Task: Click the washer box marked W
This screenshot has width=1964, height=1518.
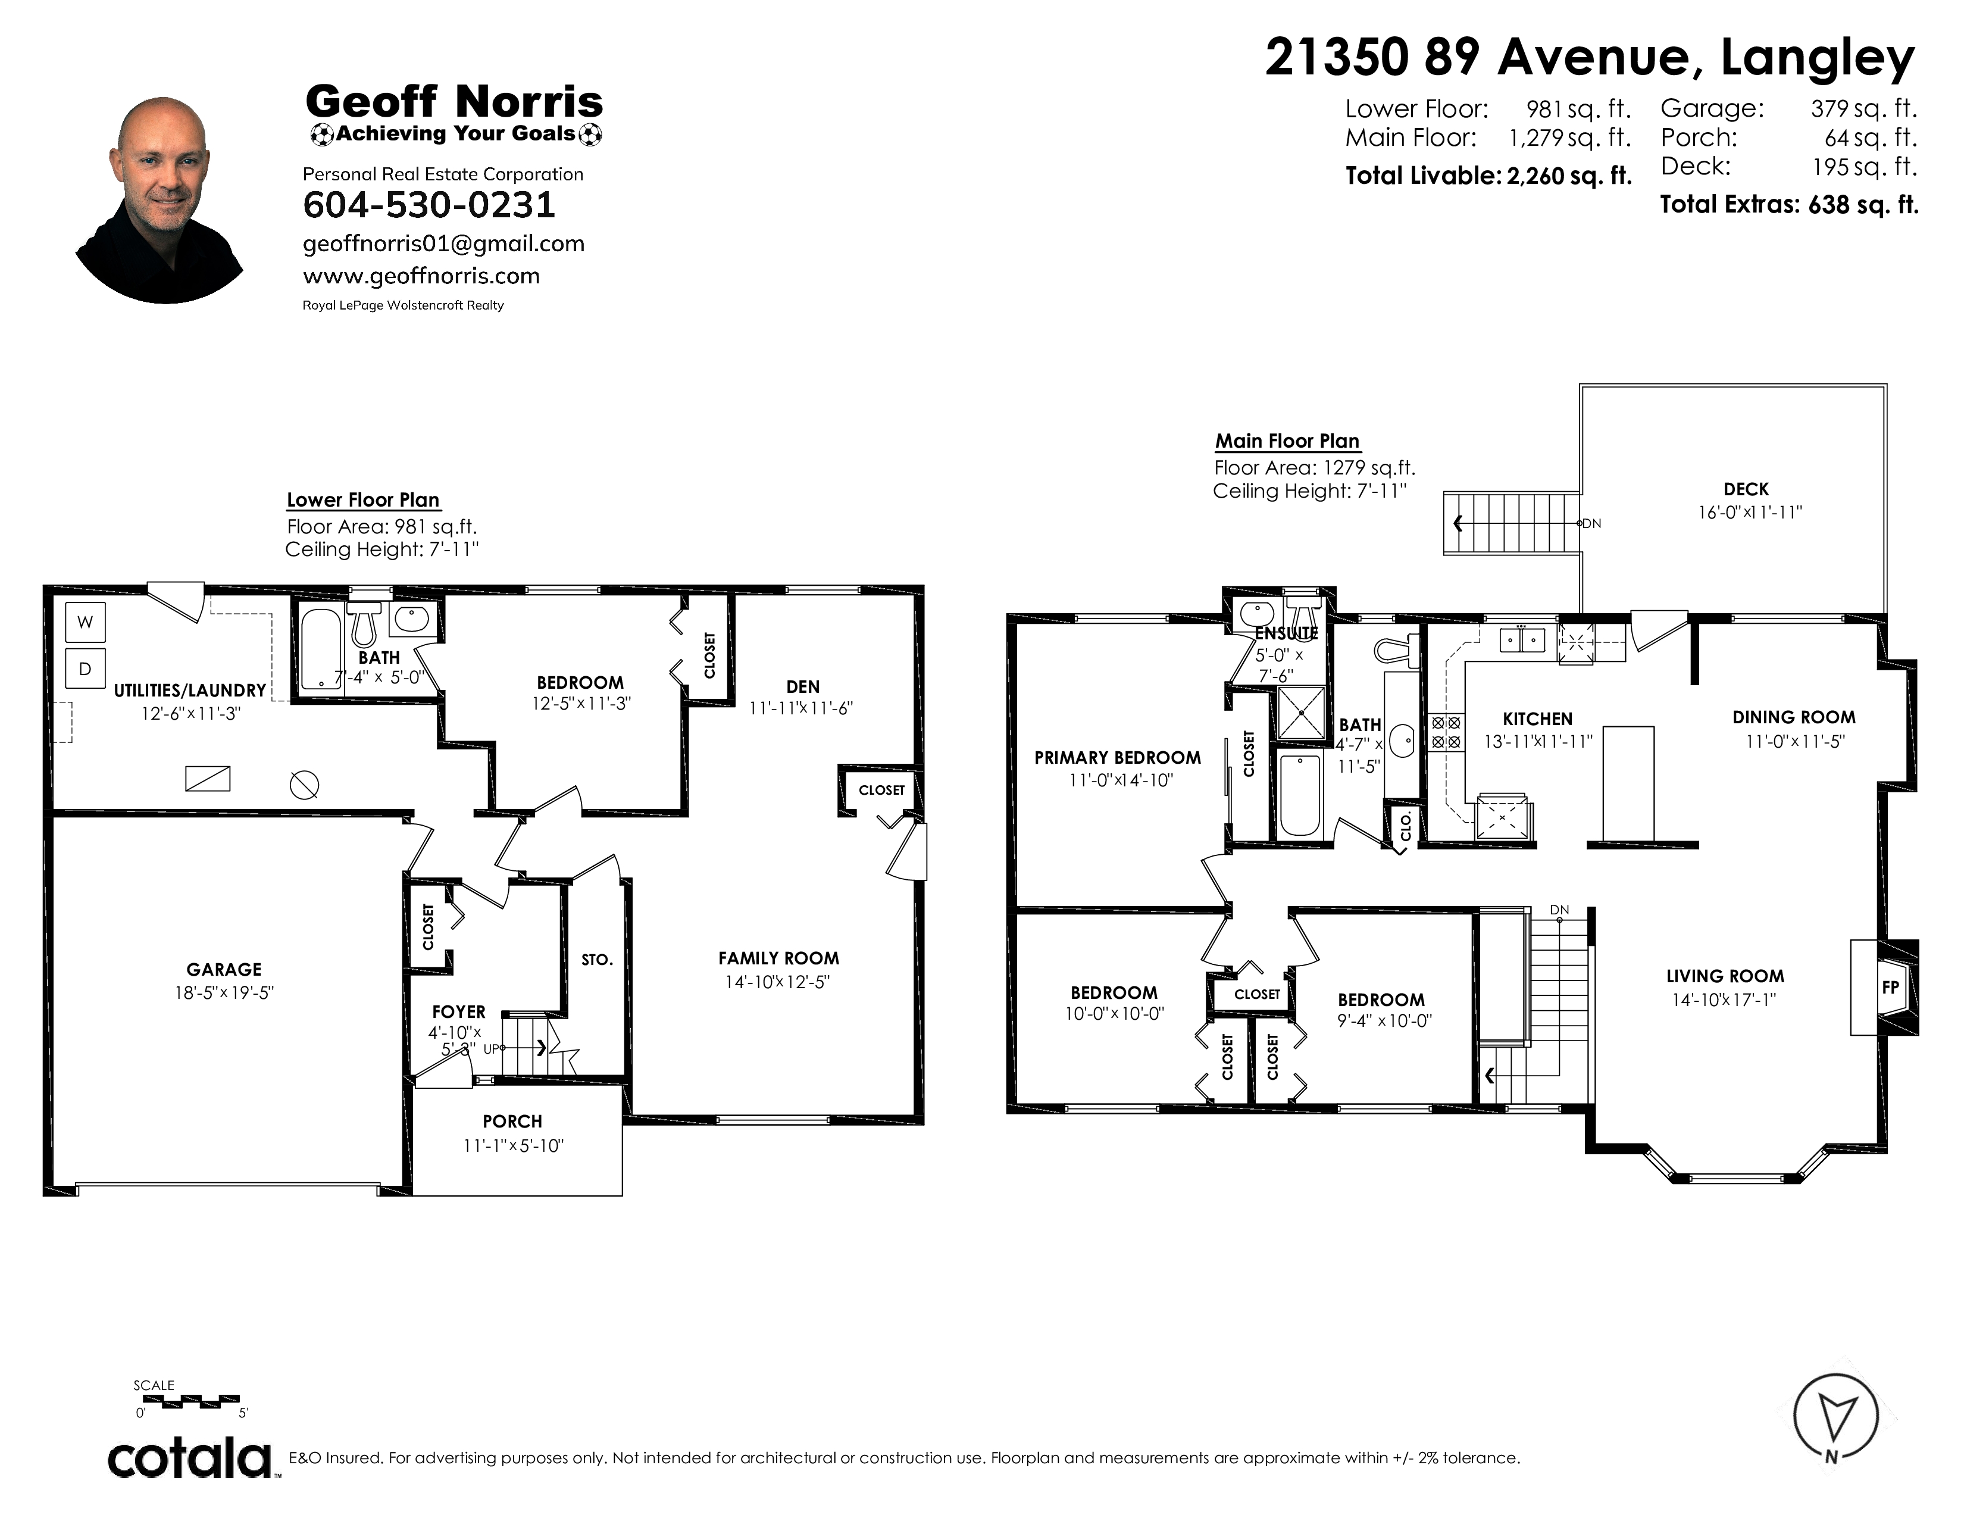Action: [86, 621]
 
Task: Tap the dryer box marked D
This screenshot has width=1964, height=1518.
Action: [86, 668]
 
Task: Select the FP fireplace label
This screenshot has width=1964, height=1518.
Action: [1890, 986]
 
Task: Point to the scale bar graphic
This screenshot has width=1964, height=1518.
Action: [190, 1400]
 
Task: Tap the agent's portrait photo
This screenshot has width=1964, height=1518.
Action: [159, 199]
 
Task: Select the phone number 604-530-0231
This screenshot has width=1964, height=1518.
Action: [429, 205]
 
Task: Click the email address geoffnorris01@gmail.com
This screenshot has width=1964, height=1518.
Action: [443, 243]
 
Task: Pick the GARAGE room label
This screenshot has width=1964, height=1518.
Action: [224, 969]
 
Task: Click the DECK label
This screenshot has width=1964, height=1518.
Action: [1746, 489]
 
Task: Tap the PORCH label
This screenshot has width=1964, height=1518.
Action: [512, 1122]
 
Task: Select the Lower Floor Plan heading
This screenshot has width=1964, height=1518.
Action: [363, 500]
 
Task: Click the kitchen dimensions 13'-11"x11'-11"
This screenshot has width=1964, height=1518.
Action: [1538, 742]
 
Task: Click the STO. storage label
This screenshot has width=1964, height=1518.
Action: [597, 960]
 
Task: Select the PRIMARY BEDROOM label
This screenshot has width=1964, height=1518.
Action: [1117, 758]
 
